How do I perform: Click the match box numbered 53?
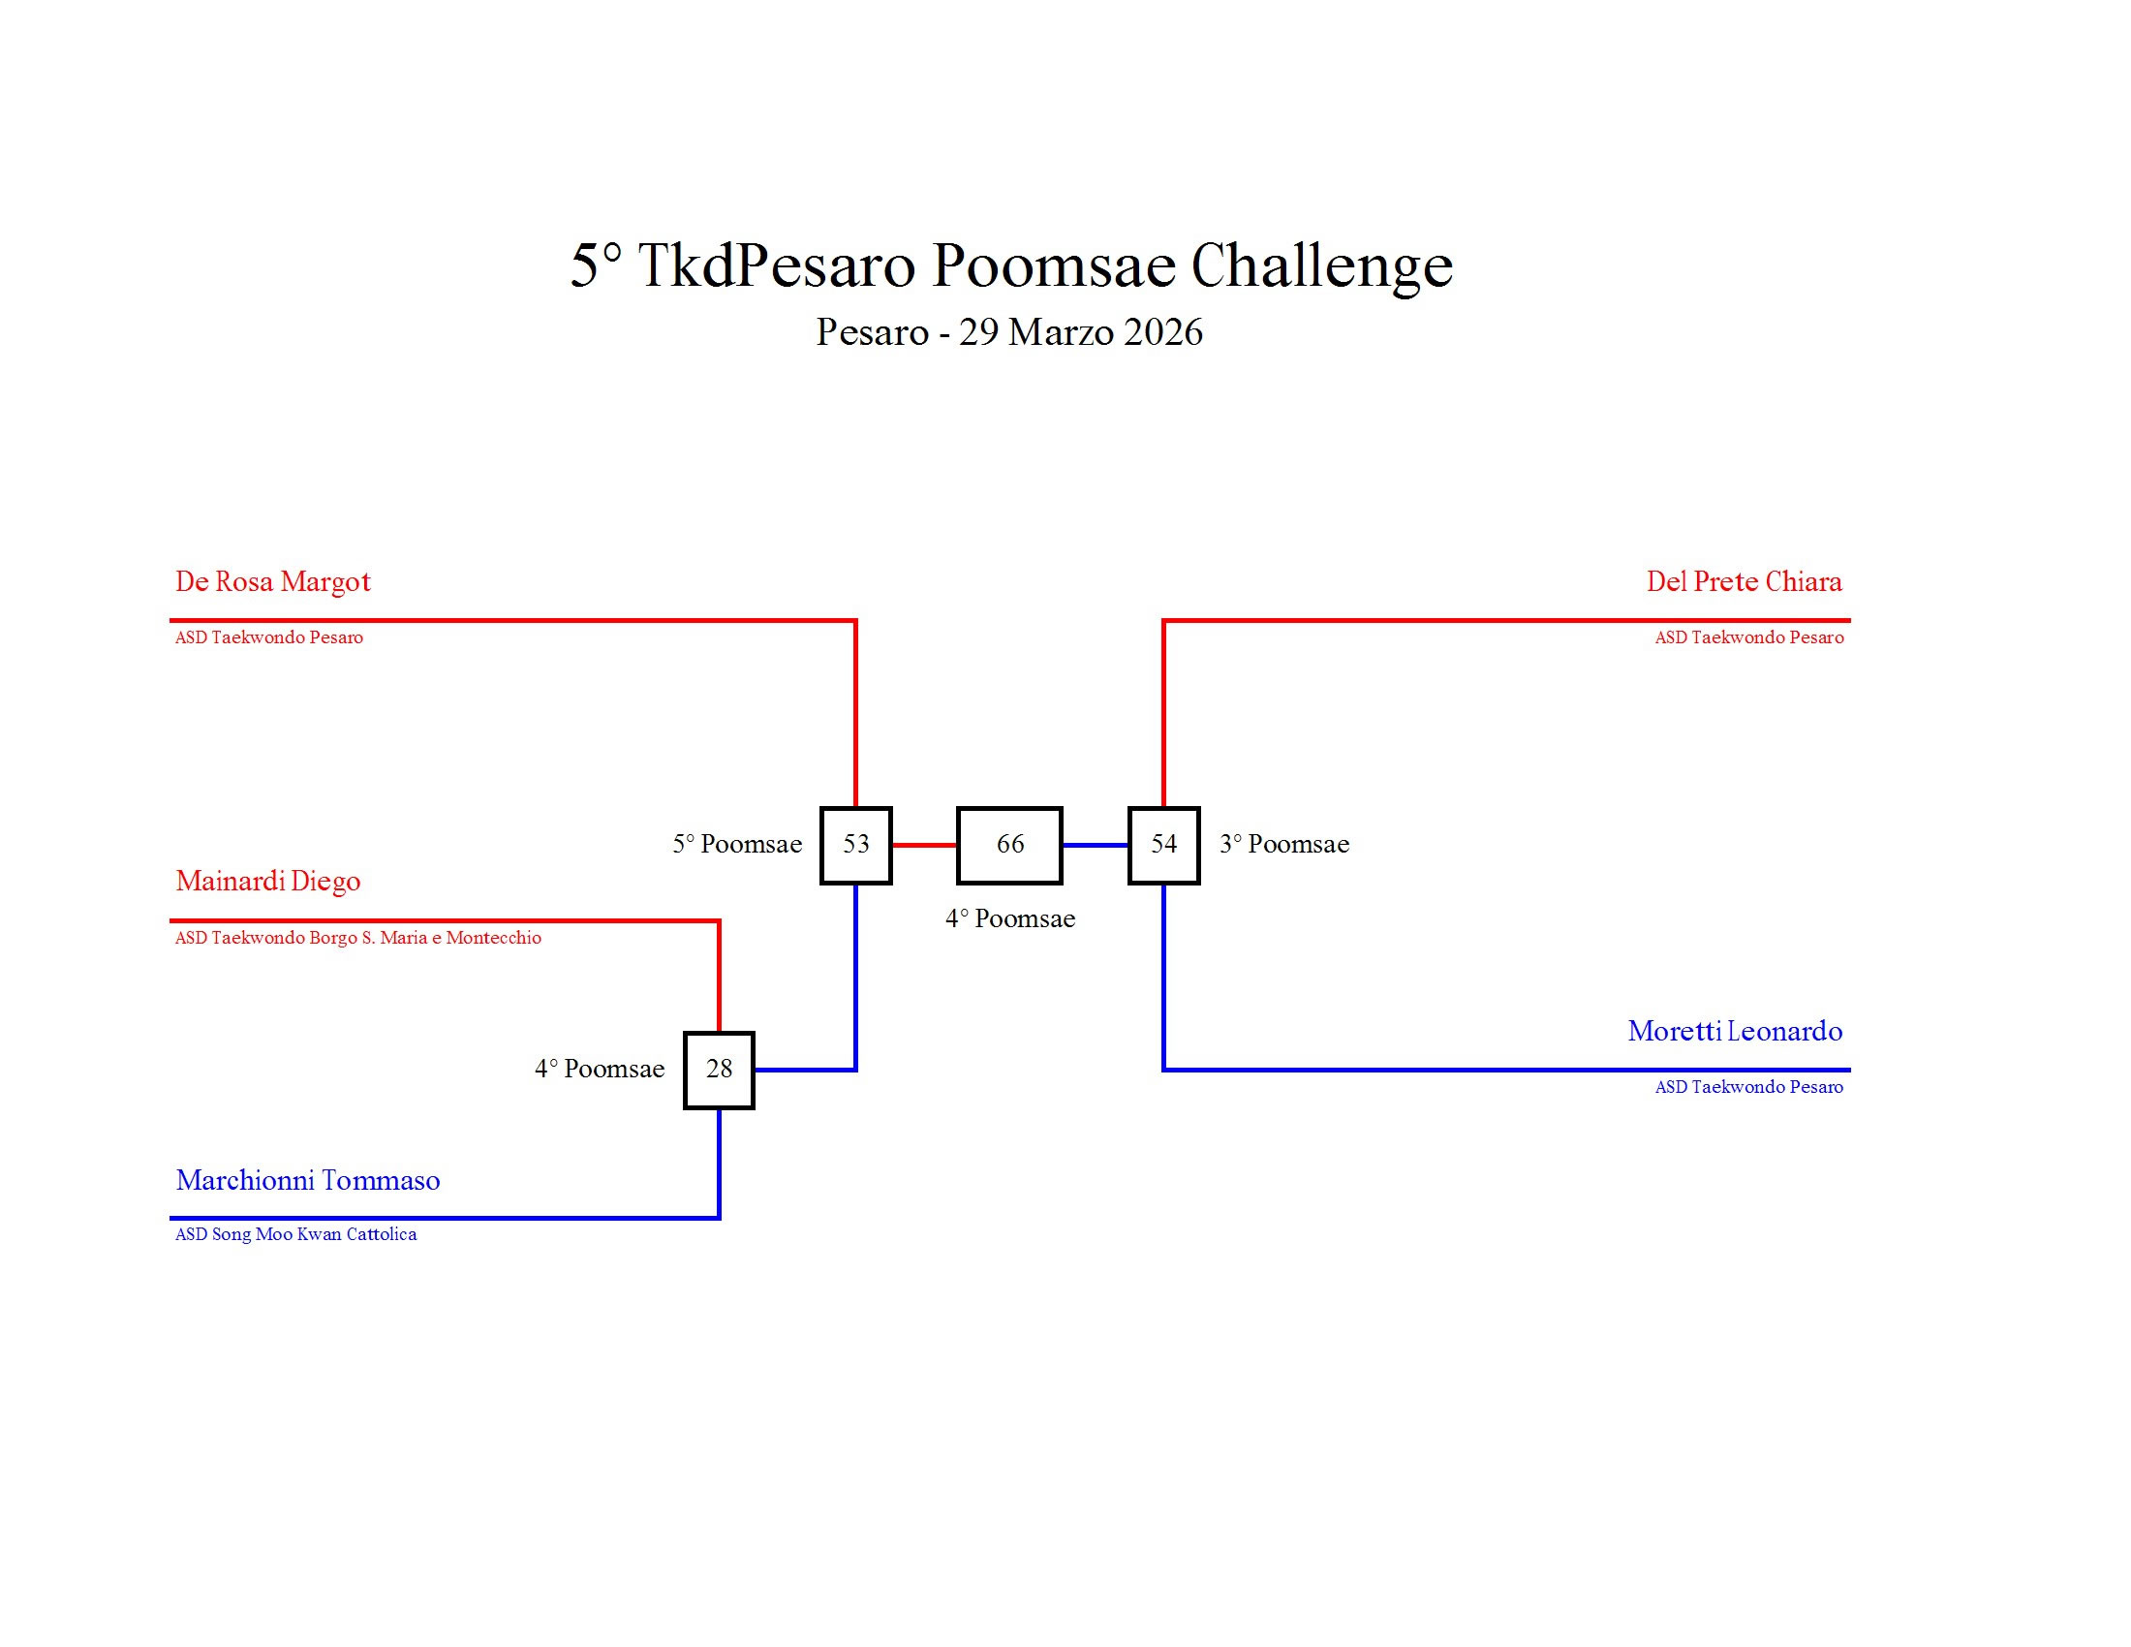(x=855, y=845)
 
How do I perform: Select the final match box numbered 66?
(x=1010, y=845)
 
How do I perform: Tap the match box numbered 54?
(x=1164, y=845)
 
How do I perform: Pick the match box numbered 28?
(x=719, y=1070)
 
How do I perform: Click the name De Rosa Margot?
(x=273, y=581)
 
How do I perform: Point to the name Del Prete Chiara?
(x=1744, y=581)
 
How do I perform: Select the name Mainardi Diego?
(x=268, y=881)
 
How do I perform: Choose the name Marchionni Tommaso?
(x=307, y=1181)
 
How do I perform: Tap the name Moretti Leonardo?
(x=1735, y=1032)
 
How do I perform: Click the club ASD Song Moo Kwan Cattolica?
(x=295, y=1234)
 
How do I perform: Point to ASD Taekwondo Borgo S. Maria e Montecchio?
(x=358, y=938)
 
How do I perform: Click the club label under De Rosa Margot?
(x=269, y=638)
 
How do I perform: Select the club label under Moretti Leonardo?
(x=1748, y=1087)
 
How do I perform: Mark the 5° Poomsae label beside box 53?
(x=737, y=844)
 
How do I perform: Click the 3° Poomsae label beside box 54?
(x=1284, y=844)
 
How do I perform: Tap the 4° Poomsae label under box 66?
(x=1010, y=919)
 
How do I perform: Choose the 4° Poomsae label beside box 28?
(x=599, y=1070)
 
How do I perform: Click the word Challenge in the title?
(x=1321, y=265)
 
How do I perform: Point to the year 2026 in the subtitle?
(x=1163, y=332)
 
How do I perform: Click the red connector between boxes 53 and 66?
(x=924, y=845)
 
